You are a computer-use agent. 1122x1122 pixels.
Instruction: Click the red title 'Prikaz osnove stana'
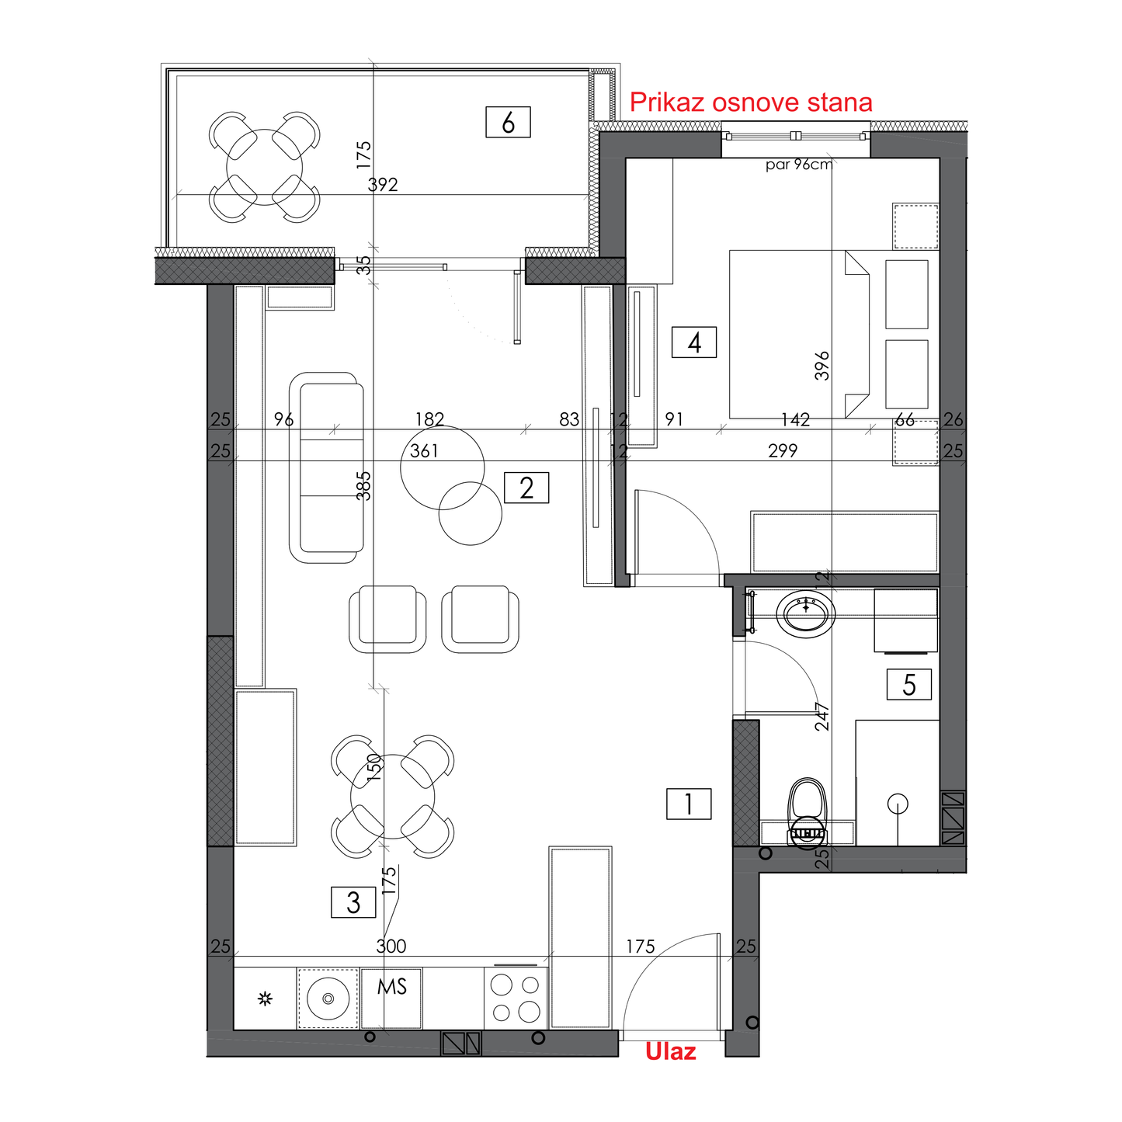(751, 102)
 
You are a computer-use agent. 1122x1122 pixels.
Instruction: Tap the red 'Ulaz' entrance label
(670, 1052)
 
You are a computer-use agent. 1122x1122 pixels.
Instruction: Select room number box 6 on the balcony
(508, 122)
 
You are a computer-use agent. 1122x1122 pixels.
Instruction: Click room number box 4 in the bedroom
(694, 342)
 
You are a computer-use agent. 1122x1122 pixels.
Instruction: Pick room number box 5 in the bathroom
(909, 685)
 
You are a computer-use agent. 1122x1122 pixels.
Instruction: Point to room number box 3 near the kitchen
(353, 902)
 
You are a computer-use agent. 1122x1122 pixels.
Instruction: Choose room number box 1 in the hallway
(689, 804)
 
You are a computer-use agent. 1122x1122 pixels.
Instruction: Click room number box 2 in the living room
(526, 488)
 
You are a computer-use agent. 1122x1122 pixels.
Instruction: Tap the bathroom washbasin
(806, 614)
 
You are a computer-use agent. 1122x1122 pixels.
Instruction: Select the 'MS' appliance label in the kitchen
(391, 986)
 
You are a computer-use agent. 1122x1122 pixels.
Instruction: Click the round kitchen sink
(328, 999)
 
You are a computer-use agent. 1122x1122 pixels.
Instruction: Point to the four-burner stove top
(516, 999)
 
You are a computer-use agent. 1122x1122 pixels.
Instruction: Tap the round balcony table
(264, 167)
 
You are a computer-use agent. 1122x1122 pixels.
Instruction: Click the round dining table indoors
(392, 797)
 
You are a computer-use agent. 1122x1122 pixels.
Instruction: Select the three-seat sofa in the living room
(326, 467)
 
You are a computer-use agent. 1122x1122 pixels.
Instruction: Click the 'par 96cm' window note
(799, 165)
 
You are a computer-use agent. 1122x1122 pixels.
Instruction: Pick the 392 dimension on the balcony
(383, 185)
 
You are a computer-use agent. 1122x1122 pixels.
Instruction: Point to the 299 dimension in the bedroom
(783, 450)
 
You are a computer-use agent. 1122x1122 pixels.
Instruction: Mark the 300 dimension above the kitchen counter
(391, 947)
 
